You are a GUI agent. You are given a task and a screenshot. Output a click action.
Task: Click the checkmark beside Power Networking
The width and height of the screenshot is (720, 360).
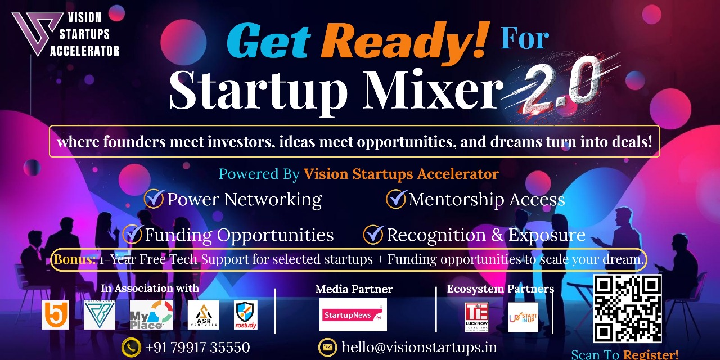click(154, 199)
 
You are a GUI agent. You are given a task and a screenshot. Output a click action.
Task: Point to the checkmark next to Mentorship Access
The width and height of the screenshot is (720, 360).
click(396, 199)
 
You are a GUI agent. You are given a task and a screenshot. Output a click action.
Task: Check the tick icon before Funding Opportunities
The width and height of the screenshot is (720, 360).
click(132, 234)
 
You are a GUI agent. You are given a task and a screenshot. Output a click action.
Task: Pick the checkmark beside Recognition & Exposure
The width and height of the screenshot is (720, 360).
click(373, 234)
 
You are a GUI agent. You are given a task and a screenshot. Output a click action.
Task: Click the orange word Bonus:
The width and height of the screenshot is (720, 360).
click(75, 260)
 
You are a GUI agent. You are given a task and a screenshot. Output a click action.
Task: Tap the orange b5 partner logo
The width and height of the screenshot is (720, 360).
click(55, 316)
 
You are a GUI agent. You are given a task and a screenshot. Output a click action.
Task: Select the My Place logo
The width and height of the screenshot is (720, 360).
click(151, 316)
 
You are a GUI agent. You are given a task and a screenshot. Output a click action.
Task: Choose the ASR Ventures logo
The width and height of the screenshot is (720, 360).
click(203, 316)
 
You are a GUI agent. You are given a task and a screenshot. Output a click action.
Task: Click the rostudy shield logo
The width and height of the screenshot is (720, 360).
click(246, 316)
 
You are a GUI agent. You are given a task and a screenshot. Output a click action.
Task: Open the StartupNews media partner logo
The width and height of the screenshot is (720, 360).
click(353, 315)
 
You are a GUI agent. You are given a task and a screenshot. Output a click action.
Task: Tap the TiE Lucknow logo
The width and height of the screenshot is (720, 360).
click(476, 317)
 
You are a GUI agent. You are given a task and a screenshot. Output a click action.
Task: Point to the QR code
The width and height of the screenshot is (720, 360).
click(627, 308)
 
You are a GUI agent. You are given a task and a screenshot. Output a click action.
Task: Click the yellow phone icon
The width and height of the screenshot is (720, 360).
click(132, 348)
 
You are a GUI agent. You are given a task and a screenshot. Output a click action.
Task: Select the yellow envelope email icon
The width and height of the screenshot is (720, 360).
click(327, 348)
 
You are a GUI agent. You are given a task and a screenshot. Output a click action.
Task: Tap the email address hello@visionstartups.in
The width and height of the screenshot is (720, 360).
click(419, 348)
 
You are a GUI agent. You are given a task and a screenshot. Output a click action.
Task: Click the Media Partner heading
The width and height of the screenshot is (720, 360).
click(354, 289)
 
